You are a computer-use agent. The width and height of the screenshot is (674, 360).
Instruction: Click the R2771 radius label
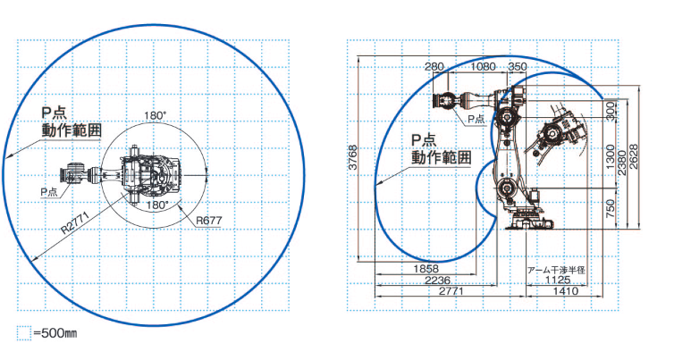click(75, 222)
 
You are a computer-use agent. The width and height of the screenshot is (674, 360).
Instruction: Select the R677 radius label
click(209, 221)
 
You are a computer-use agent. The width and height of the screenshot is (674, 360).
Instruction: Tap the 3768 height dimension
click(352, 158)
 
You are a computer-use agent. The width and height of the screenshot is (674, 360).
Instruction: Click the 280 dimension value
click(434, 67)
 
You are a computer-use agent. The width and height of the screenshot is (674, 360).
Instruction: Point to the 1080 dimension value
click(483, 67)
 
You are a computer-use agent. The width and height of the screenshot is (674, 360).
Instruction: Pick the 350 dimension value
click(517, 67)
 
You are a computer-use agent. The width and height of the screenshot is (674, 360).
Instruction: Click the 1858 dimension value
click(426, 269)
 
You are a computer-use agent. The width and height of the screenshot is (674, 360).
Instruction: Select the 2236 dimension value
click(438, 280)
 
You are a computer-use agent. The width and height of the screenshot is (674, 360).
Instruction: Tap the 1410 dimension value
click(566, 291)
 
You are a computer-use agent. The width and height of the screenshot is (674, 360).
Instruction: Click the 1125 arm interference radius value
click(558, 280)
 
